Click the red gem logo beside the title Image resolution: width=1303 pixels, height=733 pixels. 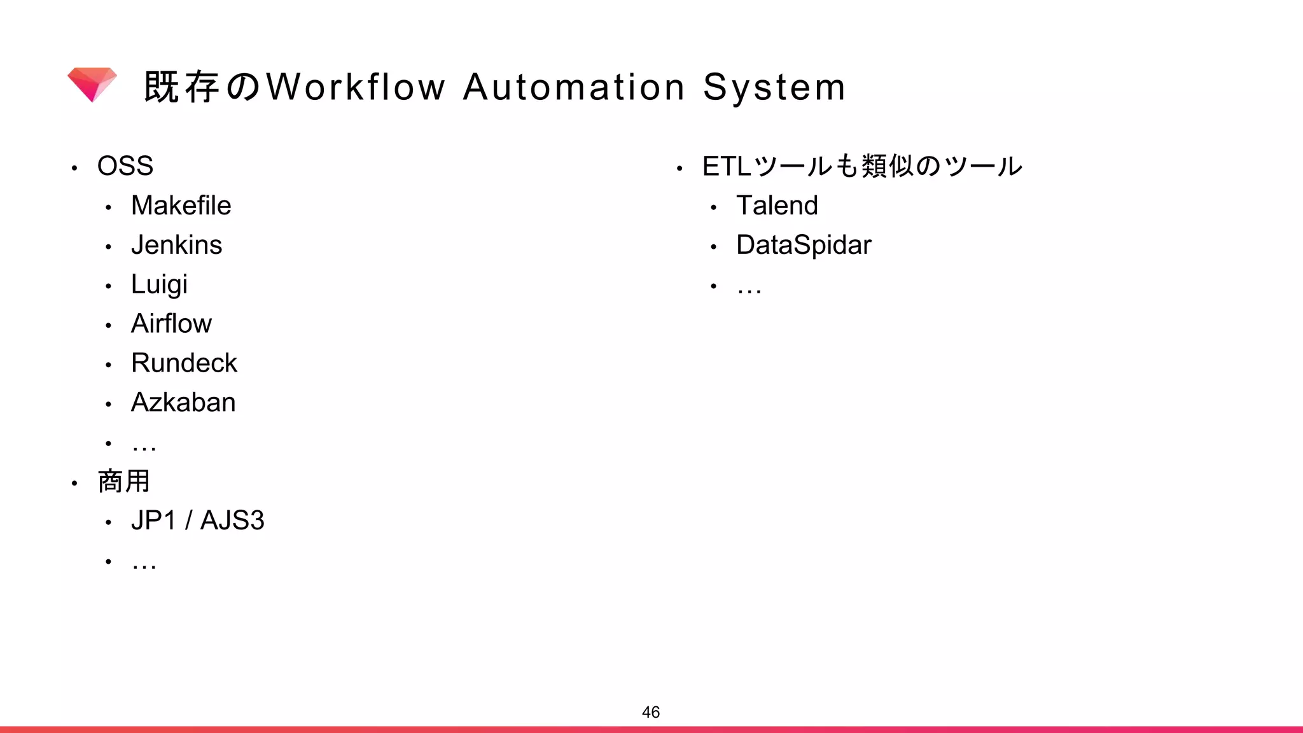92,84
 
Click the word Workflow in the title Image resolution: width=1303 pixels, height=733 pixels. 356,87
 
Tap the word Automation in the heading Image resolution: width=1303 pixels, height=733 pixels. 574,87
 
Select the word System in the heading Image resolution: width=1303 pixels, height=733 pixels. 774,88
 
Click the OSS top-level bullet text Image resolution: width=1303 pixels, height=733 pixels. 125,166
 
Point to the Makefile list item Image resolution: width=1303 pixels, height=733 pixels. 181,206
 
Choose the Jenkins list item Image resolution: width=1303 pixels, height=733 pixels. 176,245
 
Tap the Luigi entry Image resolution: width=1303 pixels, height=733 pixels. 159,284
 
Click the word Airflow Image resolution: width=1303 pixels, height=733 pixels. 171,324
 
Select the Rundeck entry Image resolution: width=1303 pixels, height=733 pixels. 184,363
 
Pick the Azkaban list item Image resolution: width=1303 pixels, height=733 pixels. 183,403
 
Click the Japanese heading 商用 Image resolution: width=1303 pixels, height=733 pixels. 124,481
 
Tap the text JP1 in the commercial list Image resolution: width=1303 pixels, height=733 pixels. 153,520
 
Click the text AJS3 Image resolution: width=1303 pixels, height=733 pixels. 232,520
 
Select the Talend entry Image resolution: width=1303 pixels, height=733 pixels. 777,206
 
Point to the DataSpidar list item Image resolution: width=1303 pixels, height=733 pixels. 804,245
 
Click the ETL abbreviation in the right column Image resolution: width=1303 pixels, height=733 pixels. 727,166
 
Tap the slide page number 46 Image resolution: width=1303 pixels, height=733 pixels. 651,712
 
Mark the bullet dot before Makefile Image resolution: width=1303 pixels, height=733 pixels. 109,207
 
